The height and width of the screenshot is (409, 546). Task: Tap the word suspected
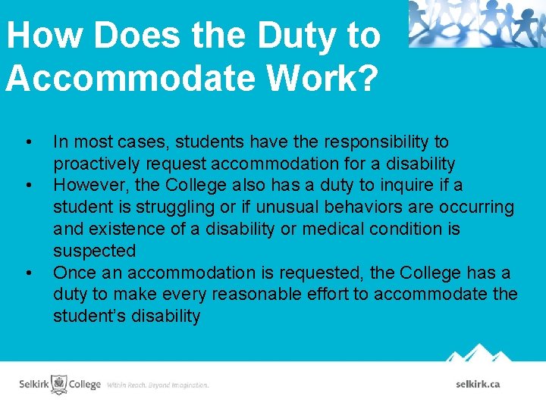94,251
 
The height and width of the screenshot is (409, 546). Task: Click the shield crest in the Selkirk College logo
58,383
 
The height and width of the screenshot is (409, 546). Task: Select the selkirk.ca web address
478,384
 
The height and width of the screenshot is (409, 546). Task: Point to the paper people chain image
476,23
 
